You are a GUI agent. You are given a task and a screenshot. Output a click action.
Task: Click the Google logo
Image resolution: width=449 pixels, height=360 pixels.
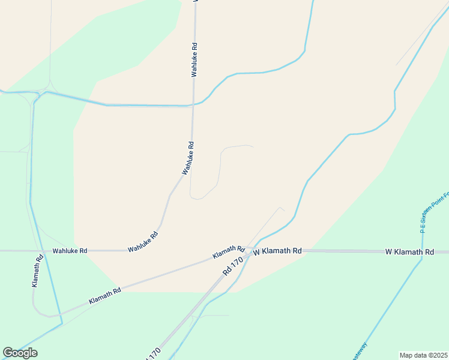pyautogui.click(x=20, y=353)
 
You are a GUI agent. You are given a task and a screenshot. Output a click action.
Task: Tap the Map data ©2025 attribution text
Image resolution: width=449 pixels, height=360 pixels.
pyautogui.click(x=423, y=355)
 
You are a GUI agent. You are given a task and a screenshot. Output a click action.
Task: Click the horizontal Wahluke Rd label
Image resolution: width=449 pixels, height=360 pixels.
pyautogui.click(x=70, y=251)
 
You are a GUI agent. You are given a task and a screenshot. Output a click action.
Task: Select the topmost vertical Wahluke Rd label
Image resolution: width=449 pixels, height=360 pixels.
pyautogui.click(x=194, y=59)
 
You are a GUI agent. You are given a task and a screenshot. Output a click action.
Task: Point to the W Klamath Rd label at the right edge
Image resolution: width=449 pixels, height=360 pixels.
pyautogui.click(x=409, y=253)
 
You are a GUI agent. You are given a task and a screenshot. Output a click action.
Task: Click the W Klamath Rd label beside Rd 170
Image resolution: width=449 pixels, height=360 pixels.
pyautogui.click(x=277, y=251)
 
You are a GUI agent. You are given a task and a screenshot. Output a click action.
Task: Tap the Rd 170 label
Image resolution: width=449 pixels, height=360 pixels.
pyautogui.click(x=235, y=265)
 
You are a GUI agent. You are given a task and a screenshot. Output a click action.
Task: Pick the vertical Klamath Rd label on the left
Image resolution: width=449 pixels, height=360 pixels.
pyautogui.click(x=37, y=271)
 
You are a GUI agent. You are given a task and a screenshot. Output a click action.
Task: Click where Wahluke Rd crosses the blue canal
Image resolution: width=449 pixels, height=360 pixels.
pyautogui.click(x=193, y=105)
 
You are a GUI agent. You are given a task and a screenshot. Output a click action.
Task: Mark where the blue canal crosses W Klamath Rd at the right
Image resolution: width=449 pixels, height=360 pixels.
pyautogui.click(x=423, y=252)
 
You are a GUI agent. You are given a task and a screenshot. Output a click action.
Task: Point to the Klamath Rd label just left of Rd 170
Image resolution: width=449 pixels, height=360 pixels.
pyautogui.click(x=228, y=252)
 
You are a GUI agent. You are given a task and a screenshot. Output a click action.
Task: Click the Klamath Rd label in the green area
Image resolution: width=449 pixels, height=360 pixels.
pyautogui.click(x=104, y=295)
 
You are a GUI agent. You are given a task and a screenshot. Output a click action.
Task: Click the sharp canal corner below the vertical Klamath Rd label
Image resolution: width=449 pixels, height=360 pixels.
pyautogui.click(x=62, y=325)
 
